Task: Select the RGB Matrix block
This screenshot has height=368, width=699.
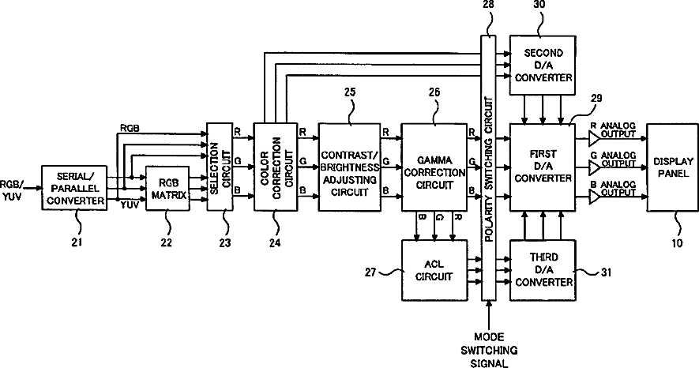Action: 168,189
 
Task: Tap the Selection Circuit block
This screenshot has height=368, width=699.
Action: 220,166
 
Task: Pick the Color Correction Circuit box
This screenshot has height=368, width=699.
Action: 276,167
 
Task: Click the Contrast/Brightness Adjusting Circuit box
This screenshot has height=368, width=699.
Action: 349,167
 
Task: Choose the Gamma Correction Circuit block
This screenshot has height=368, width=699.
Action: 434,167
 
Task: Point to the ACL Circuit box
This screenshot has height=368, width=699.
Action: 434,270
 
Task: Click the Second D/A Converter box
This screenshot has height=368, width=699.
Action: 543,65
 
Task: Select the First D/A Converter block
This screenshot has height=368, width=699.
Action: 543,167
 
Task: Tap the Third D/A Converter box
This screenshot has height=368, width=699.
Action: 543,270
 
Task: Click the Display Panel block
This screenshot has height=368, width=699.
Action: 673,167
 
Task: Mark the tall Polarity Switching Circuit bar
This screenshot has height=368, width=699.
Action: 489,168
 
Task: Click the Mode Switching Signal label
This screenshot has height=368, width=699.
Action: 489,350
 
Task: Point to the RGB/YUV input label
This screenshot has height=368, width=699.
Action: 11,190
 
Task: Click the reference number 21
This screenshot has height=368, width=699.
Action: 77,242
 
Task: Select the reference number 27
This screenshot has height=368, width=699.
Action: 370,272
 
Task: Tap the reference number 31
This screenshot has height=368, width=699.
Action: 606,272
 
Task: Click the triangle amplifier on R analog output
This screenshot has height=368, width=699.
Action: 594,138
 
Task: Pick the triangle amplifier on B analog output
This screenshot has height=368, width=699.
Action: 594,197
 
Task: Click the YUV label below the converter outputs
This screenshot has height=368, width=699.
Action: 130,205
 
